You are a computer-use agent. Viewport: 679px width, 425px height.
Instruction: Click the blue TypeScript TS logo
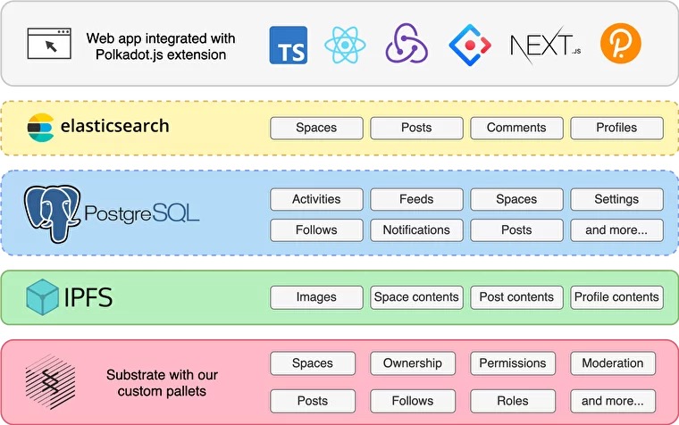coord(289,45)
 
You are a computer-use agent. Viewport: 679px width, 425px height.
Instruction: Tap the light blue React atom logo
coord(345,45)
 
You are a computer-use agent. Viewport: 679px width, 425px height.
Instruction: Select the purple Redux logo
coord(407,43)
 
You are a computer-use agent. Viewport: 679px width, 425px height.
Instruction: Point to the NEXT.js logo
coord(546,45)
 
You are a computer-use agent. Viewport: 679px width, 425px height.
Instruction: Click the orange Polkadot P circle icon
coord(620,43)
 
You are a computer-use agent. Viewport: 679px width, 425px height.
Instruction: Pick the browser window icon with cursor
coord(49,43)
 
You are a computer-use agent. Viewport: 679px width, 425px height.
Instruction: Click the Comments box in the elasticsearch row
coord(516,128)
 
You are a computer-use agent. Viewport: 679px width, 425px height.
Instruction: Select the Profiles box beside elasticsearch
coord(616,128)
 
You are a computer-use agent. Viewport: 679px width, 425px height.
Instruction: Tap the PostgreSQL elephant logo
coord(52,213)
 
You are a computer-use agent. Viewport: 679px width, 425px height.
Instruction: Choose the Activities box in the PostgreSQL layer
coord(316,199)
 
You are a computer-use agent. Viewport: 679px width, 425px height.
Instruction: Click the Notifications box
coord(416,229)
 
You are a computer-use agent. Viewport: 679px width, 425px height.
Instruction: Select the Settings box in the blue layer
coord(616,199)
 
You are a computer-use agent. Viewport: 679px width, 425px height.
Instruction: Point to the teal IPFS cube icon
coord(42,297)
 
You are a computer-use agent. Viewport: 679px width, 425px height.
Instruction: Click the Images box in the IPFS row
coord(316,297)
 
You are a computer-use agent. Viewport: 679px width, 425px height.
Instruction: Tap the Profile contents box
coord(616,297)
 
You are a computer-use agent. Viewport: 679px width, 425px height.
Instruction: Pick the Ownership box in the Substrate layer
coord(413,363)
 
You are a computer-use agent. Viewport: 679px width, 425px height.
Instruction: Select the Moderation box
coord(613,363)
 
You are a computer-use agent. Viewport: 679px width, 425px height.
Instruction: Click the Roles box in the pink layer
coord(513,401)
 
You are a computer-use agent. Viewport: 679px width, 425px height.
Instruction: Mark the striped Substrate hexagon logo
coord(50,382)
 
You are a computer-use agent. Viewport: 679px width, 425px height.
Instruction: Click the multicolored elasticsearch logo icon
coord(41,128)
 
